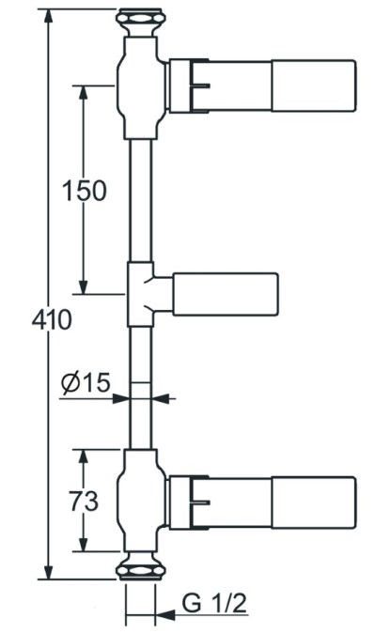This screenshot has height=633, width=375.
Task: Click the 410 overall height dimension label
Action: [x=52, y=320]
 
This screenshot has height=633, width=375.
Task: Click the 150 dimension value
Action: [x=84, y=191]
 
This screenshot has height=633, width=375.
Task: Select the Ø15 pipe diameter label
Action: [x=86, y=382]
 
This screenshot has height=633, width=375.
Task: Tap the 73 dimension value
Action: [x=84, y=501]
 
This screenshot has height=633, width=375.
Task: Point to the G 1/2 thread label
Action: [x=213, y=604]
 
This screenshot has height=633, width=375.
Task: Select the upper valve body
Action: [x=141, y=87]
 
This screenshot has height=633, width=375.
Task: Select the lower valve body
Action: [x=141, y=501]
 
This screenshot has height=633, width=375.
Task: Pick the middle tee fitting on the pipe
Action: [x=141, y=294]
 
